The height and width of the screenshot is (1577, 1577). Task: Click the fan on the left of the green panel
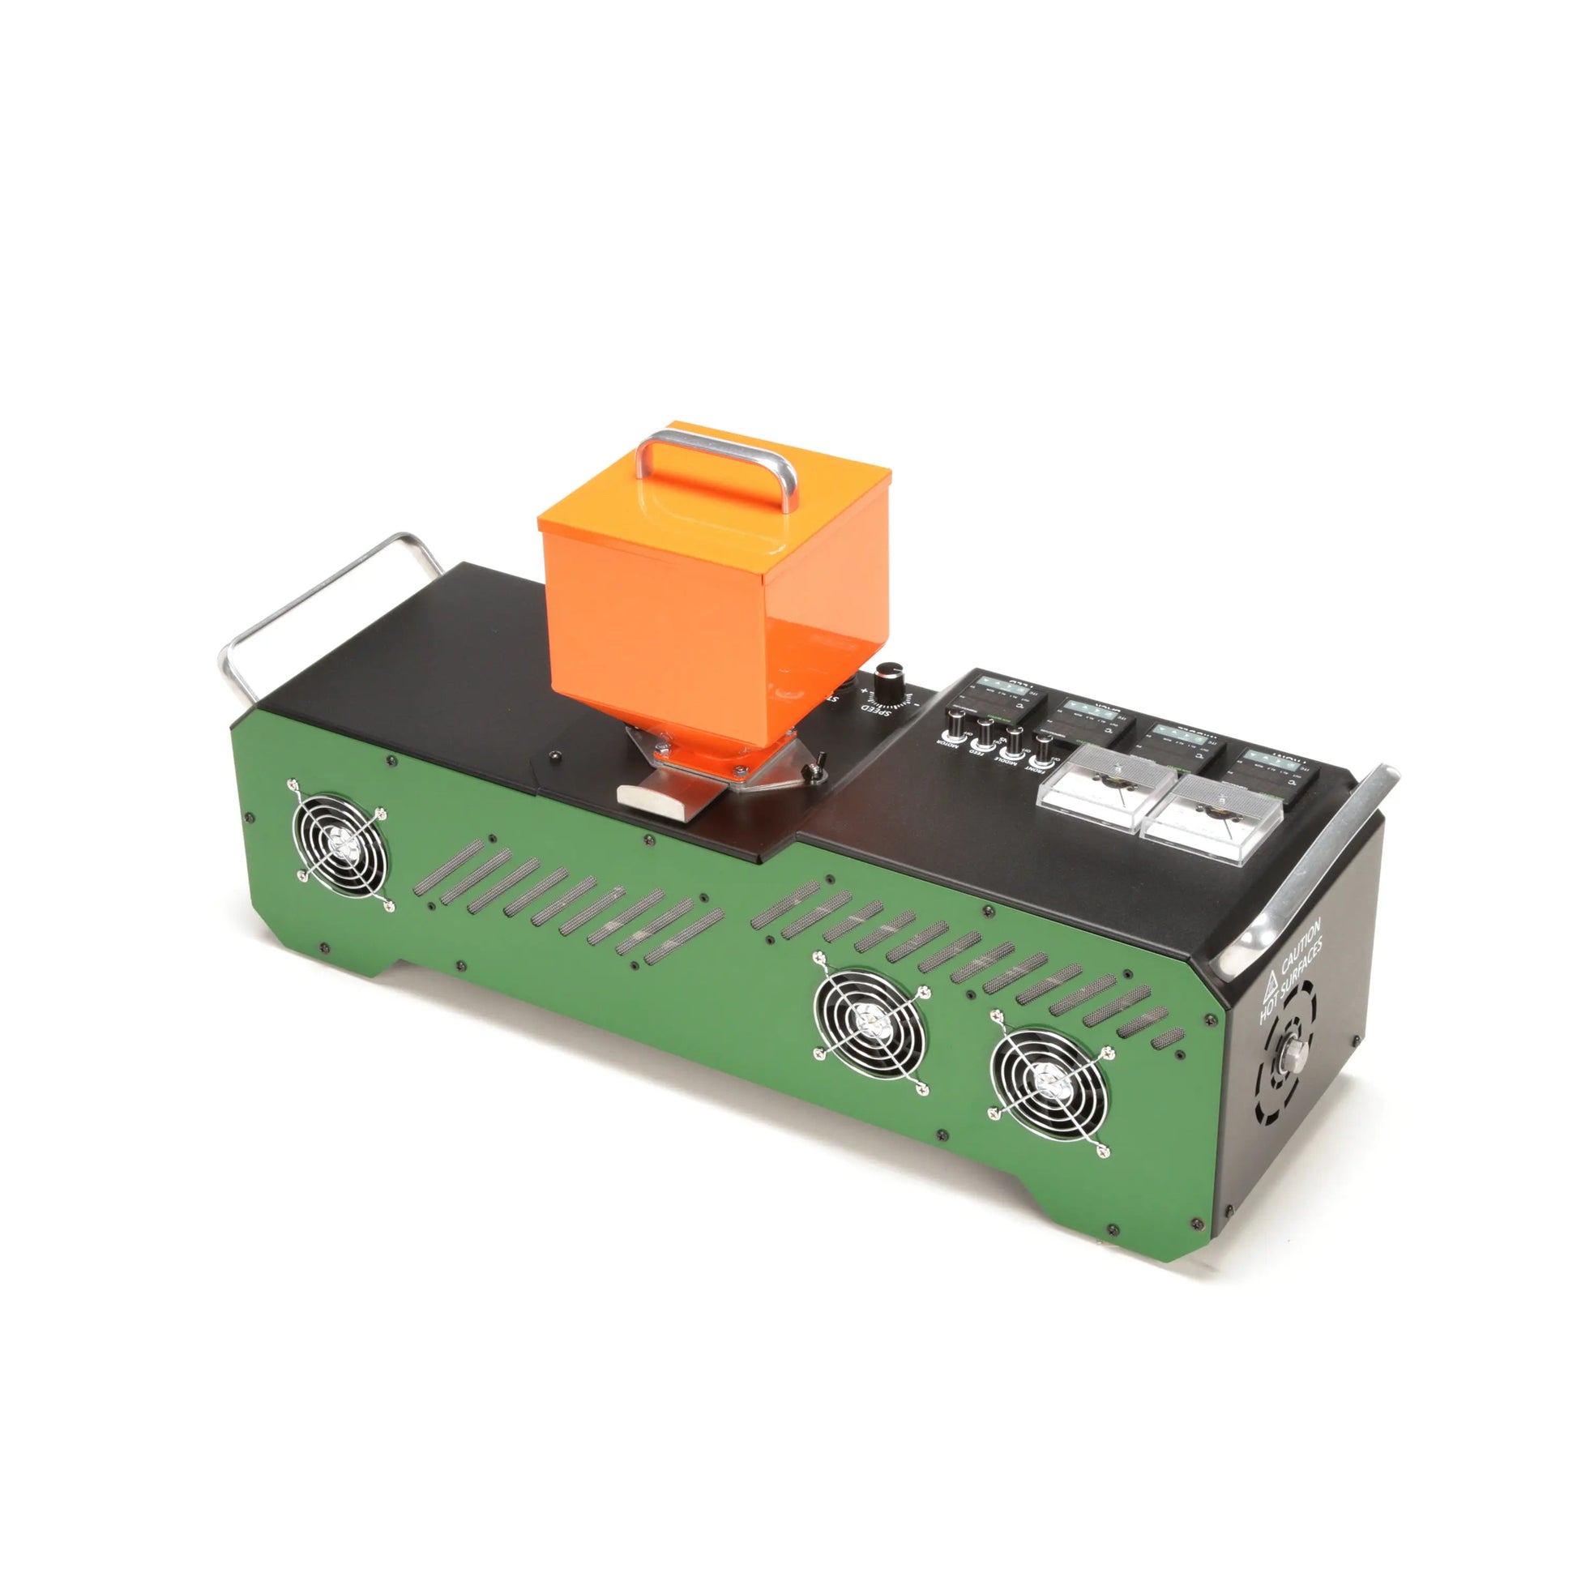click(340, 844)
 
